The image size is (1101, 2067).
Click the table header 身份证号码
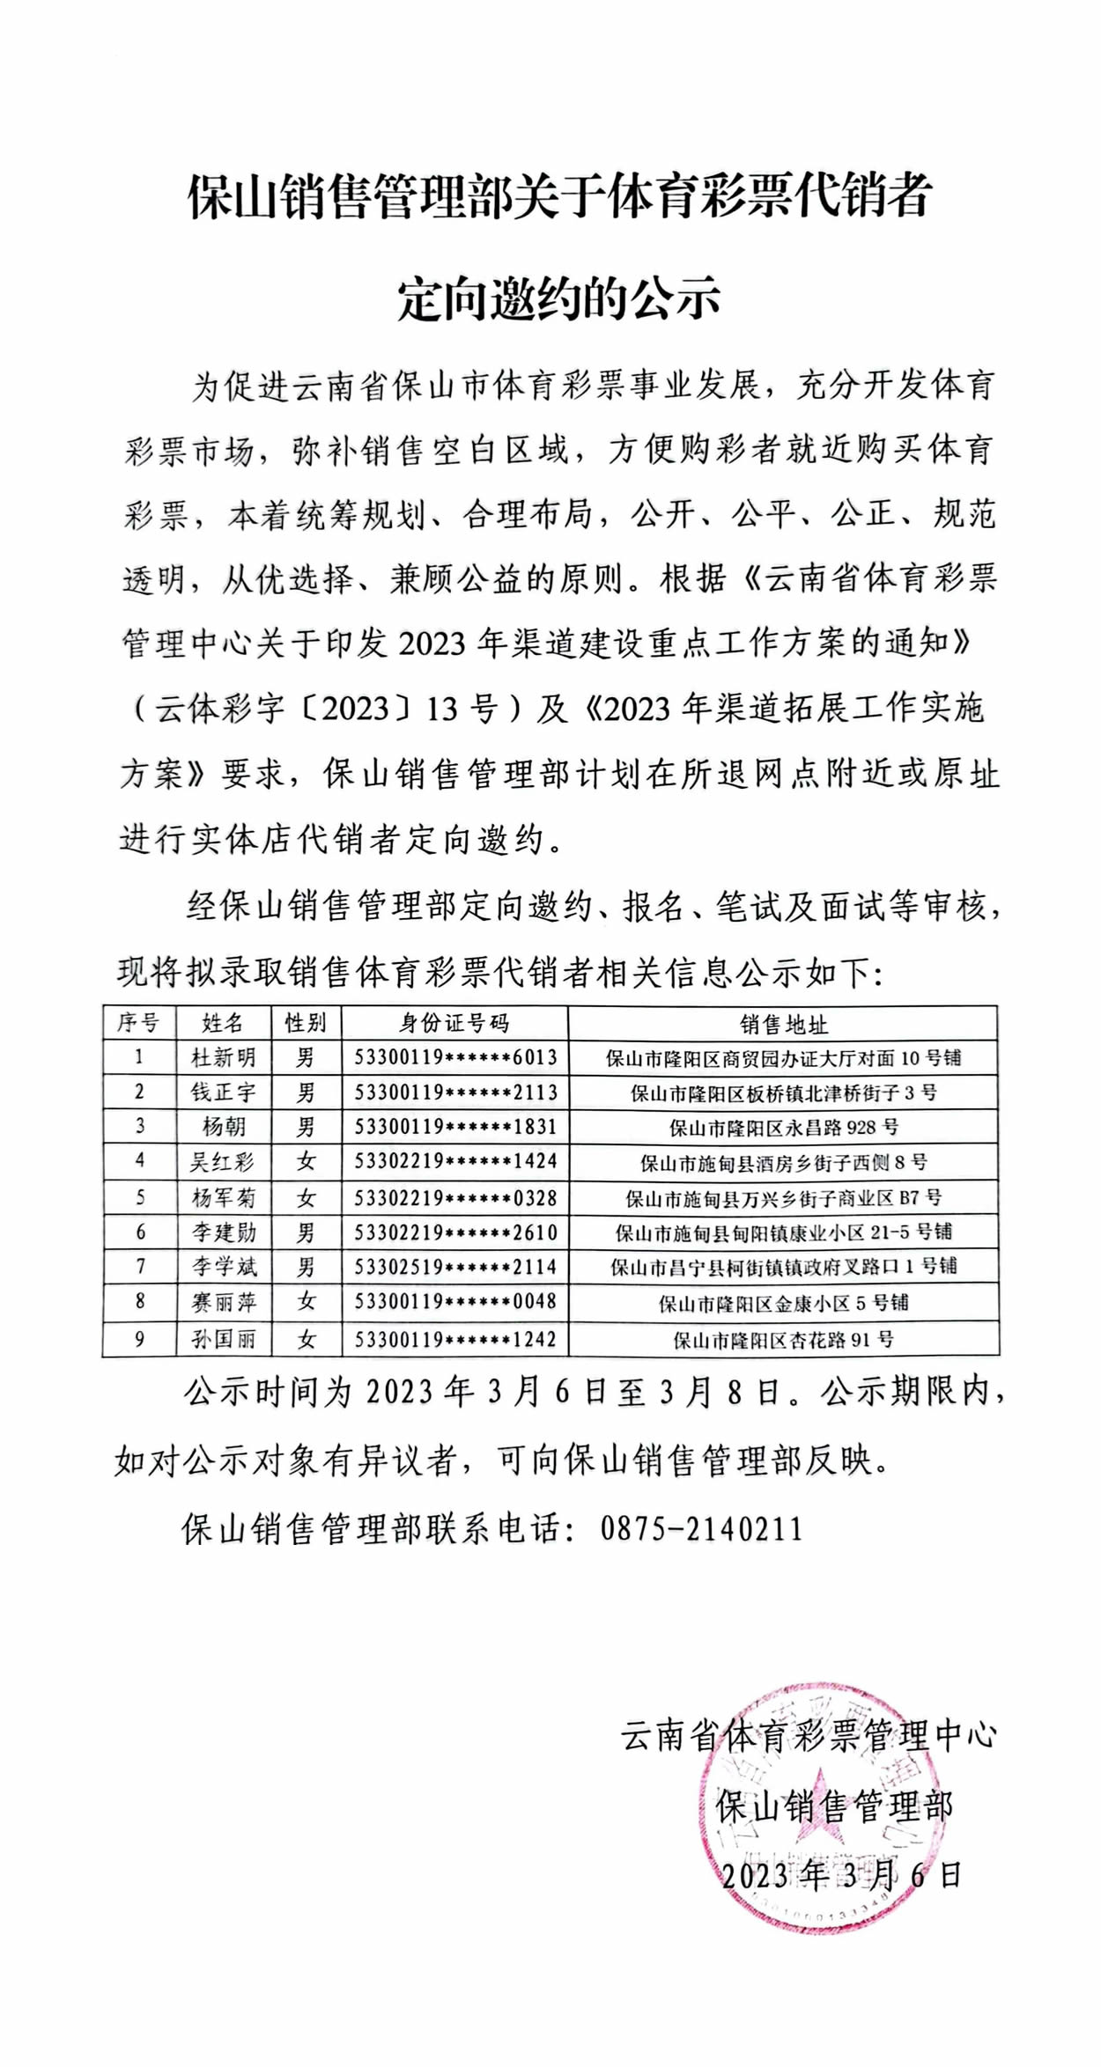(x=454, y=1023)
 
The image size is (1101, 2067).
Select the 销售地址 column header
(x=783, y=1024)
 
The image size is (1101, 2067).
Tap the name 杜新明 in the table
(x=224, y=1057)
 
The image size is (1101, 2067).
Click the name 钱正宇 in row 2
(x=224, y=1092)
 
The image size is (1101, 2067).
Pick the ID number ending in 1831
(x=455, y=1127)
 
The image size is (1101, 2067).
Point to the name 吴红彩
(x=223, y=1162)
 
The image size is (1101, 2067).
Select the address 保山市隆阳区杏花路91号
(x=783, y=1340)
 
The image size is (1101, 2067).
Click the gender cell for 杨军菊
(x=306, y=1198)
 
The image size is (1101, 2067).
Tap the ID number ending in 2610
(x=455, y=1232)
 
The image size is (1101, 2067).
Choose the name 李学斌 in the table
(x=225, y=1267)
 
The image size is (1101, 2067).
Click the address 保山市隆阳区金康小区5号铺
(x=783, y=1302)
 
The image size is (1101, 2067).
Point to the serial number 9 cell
(x=139, y=1340)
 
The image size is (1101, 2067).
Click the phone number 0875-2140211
(x=702, y=1529)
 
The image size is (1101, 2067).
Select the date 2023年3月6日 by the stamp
(x=841, y=1875)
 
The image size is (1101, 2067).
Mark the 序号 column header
(x=139, y=1023)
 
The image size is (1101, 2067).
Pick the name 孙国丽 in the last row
(x=224, y=1340)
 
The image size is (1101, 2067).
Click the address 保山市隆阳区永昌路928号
(x=783, y=1128)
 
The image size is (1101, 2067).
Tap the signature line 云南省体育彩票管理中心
(x=809, y=1735)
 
